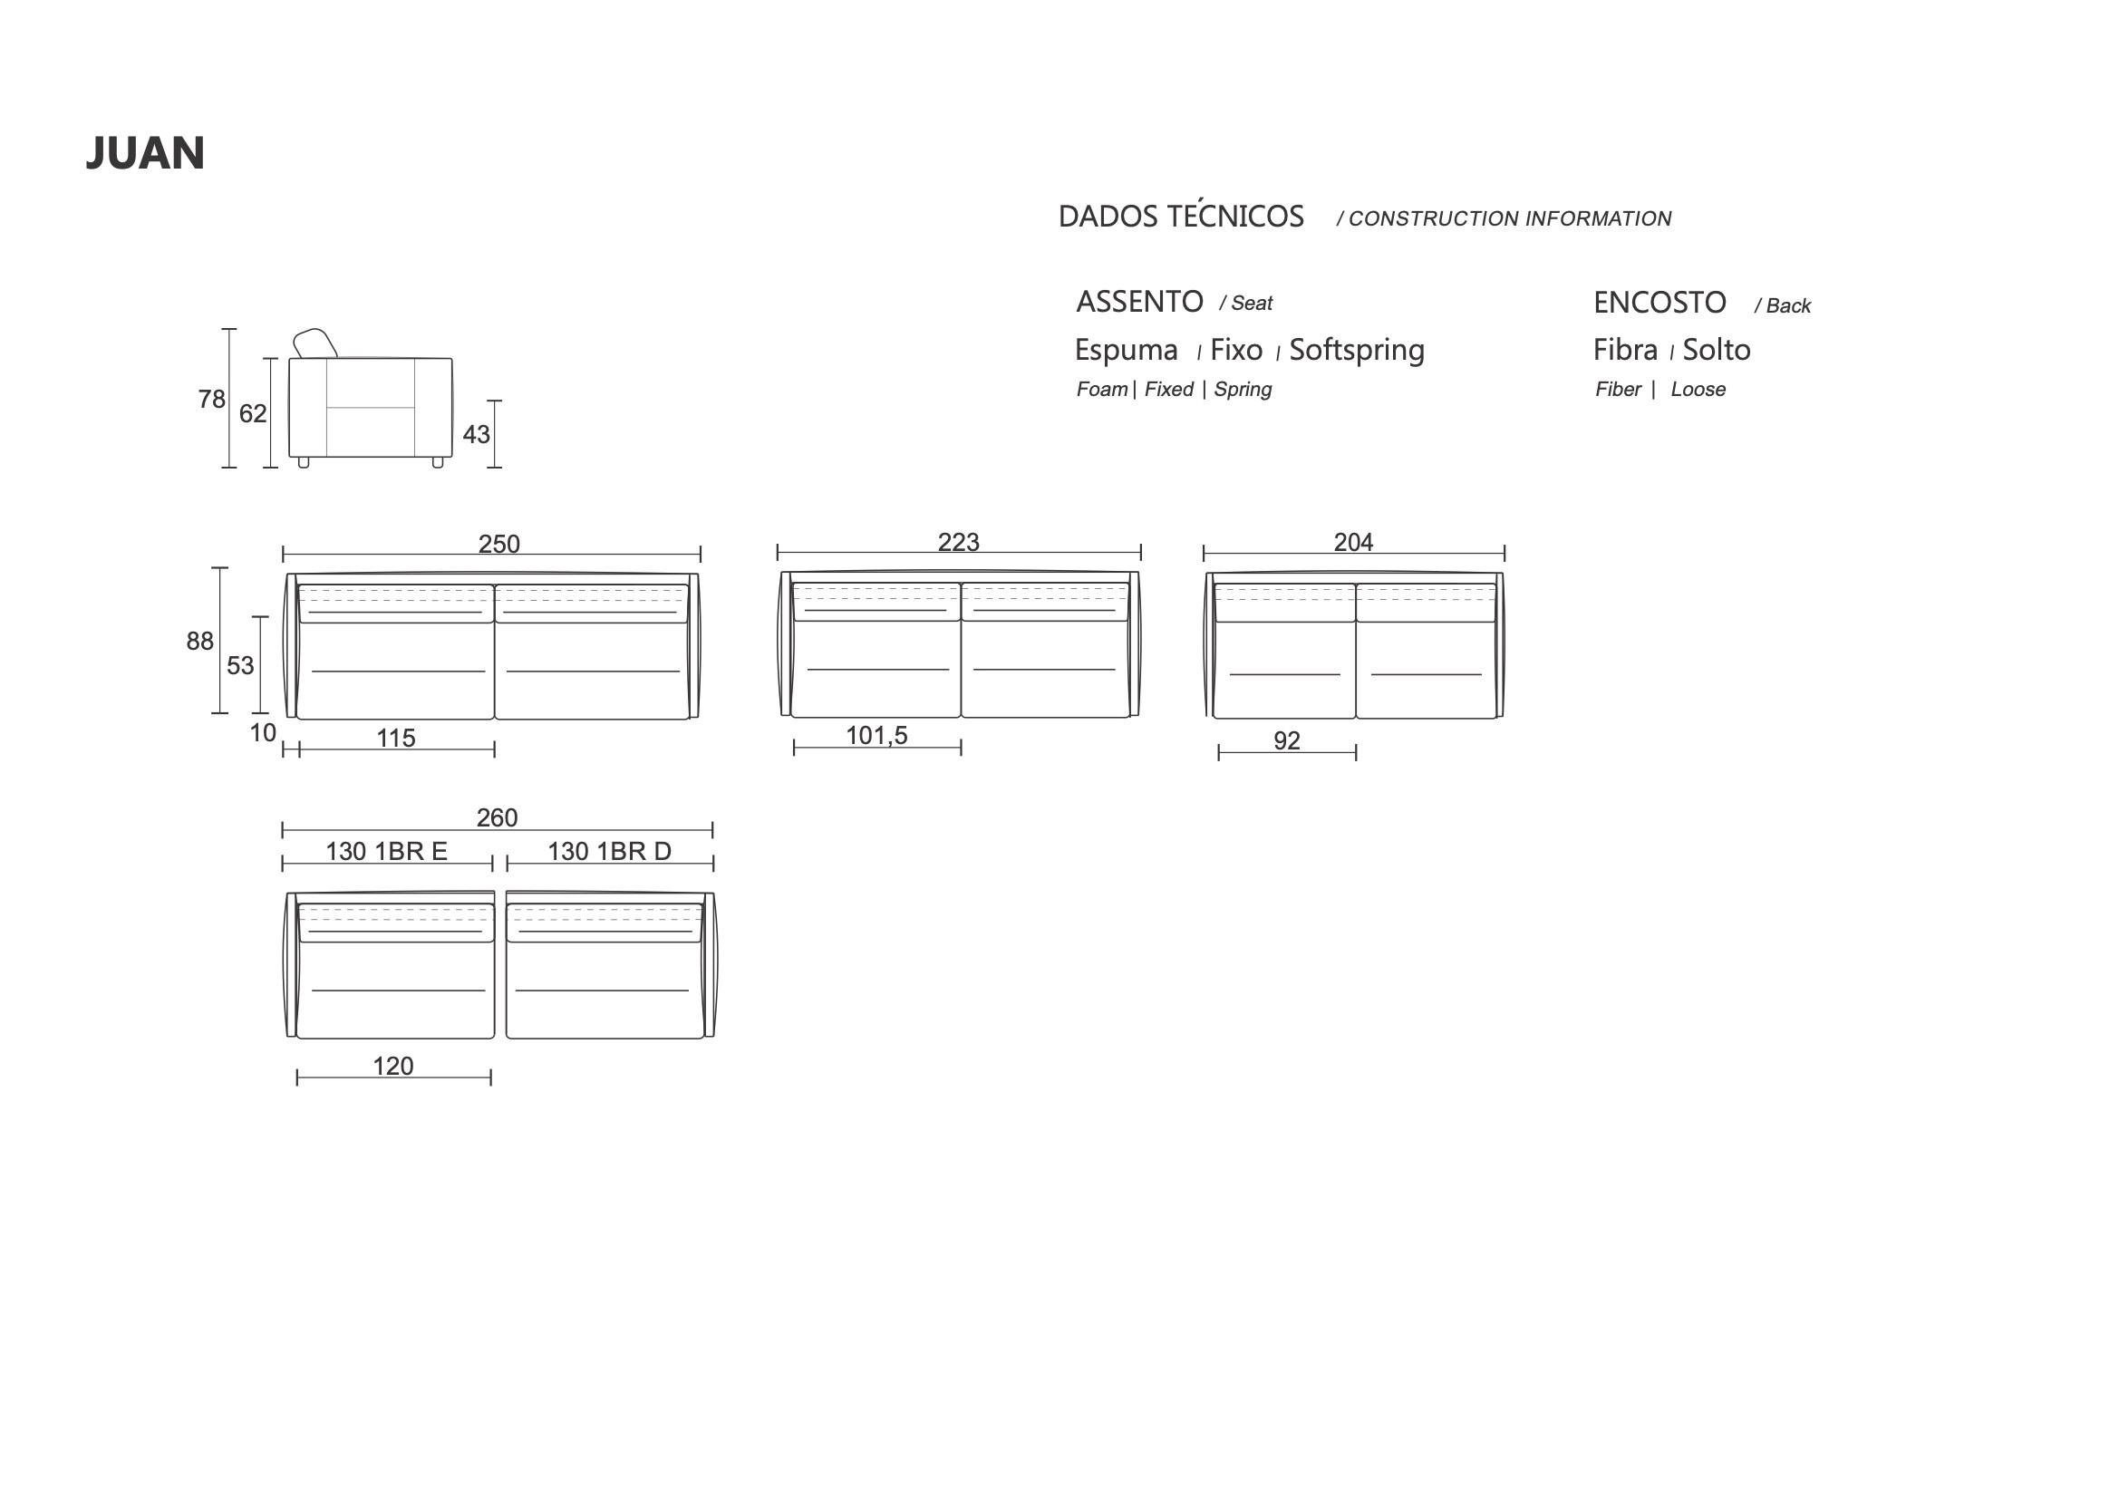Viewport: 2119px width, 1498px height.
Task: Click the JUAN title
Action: click(x=145, y=153)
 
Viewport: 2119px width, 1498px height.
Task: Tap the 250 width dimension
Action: click(x=498, y=544)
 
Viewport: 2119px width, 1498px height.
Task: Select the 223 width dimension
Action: click(x=958, y=542)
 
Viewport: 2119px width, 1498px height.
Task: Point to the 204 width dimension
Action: click(x=1353, y=542)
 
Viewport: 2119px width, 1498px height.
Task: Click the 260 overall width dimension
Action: click(x=497, y=817)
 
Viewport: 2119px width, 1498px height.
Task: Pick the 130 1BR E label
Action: click(x=386, y=851)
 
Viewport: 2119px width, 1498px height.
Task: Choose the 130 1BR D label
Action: click(x=609, y=851)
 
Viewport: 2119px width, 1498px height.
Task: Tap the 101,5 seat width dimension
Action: click(x=876, y=736)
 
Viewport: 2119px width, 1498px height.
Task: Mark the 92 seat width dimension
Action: click(x=1287, y=740)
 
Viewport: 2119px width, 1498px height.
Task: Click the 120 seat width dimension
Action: click(x=393, y=1066)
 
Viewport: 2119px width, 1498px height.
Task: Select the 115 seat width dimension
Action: click(x=396, y=739)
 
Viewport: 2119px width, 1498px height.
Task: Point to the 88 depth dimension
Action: click(x=199, y=641)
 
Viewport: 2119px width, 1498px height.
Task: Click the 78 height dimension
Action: click(x=211, y=399)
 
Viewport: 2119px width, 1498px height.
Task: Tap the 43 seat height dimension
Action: click(x=476, y=434)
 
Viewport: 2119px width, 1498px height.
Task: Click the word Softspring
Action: click(x=1357, y=350)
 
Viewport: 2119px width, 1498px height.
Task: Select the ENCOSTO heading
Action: click(x=1659, y=303)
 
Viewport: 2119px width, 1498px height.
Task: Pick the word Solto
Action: click(x=1717, y=350)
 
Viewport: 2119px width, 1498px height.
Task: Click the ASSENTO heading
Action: click(x=1140, y=302)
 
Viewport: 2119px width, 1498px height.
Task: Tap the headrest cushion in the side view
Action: click(x=314, y=343)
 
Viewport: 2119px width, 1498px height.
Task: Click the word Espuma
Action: click(x=1126, y=350)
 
